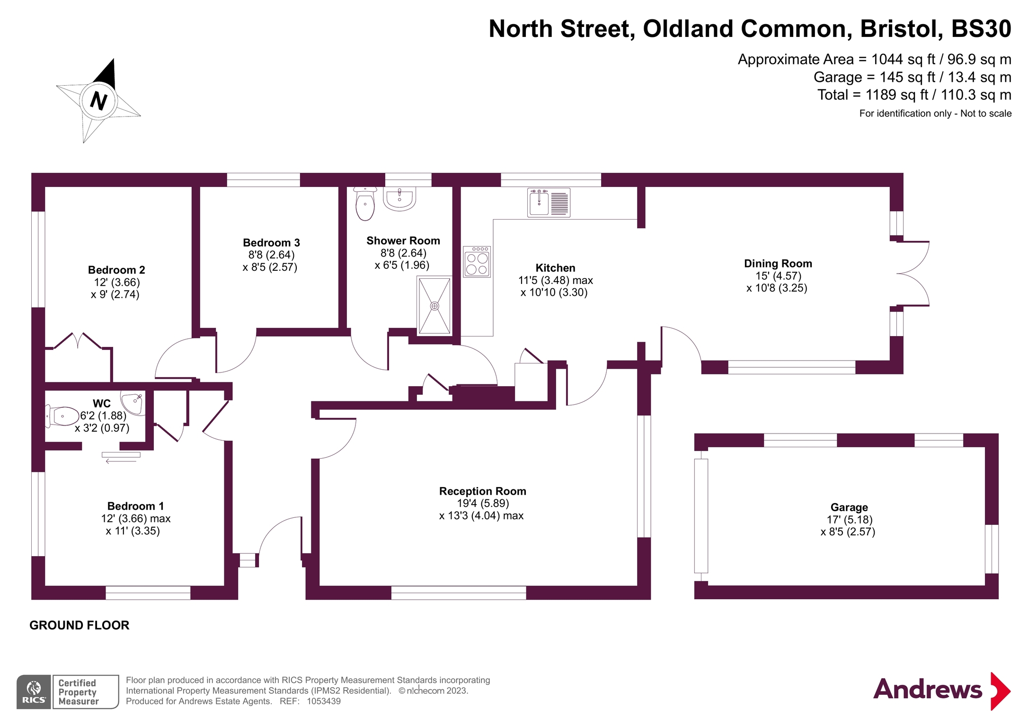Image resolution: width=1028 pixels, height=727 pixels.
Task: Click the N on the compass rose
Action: [x=98, y=101]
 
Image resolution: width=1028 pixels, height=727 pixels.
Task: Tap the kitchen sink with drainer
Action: [x=549, y=203]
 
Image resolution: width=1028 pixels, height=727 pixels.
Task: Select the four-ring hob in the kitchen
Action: [x=477, y=262]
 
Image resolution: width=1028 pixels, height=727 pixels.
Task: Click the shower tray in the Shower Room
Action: [x=434, y=305]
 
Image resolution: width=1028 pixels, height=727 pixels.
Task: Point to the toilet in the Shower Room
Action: [x=365, y=204]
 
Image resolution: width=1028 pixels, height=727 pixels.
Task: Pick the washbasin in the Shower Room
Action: [x=399, y=198]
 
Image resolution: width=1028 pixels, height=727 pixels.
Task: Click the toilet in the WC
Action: [x=62, y=416]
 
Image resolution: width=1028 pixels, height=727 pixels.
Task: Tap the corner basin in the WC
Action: [x=133, y=402]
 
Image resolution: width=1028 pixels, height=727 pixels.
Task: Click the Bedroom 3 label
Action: [x=271, y=243]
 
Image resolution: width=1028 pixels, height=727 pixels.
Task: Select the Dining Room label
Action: [x=778, y=264]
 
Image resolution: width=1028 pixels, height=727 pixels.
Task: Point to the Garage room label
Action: [x=849, y=507]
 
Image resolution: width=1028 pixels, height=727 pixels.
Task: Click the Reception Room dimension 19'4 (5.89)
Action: [x=483, y=504]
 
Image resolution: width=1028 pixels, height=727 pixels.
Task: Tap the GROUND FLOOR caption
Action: [x=80, y=625]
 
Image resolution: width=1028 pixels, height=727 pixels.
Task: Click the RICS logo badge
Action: [x=34, y=692]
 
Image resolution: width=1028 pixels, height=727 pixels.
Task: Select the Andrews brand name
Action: [x=927, y=690]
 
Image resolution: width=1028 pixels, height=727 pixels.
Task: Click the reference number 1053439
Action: [x=324, y=701]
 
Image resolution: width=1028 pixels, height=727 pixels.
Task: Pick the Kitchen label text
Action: [x=555, y=268]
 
